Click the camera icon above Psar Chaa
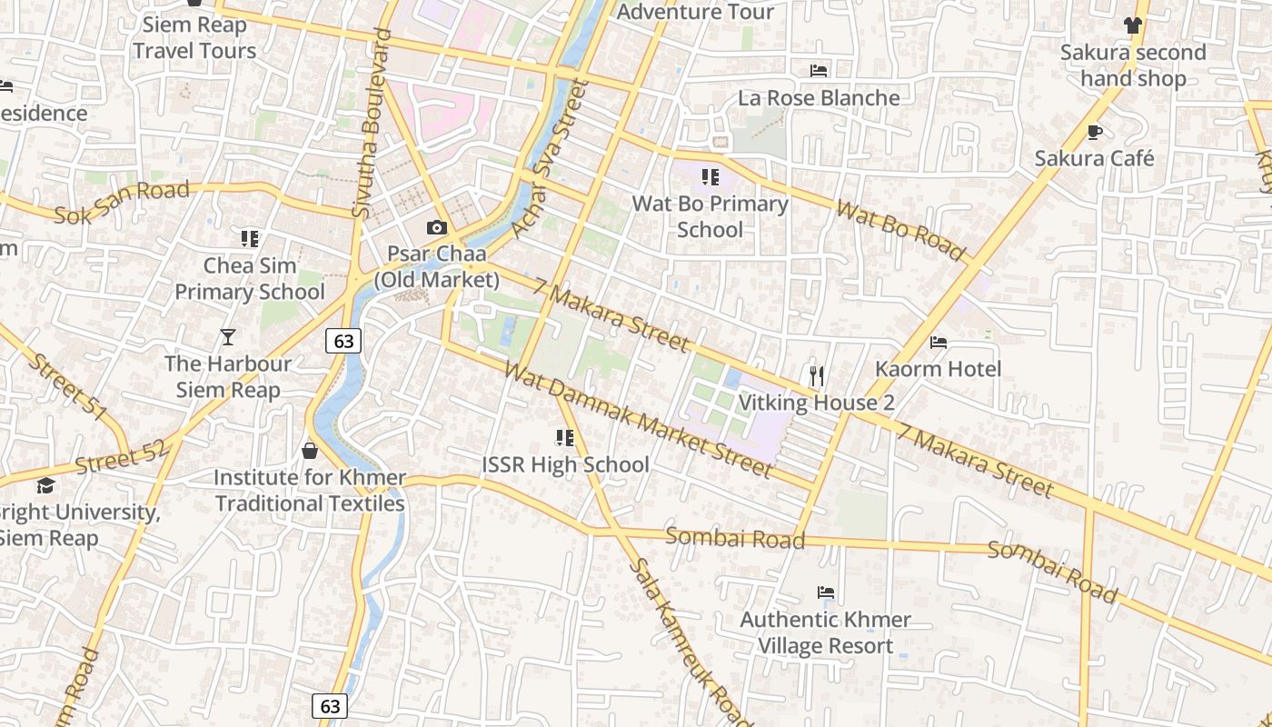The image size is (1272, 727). click(x=437, y=227)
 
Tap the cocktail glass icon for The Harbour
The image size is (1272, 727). click(x=228, y=338)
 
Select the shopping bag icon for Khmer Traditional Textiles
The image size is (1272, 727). click(x=310, y=451)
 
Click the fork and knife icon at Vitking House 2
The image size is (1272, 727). click(x=817, y=375)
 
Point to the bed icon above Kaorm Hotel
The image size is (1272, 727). click(x=939, y=343)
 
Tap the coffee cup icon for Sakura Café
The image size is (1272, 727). click(x=1095, y=133)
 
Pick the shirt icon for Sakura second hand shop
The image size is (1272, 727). click(x=1132, y=25)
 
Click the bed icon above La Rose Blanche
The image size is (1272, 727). click(x=819, y=71)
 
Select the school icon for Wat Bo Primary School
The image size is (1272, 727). click(x=710, y=177)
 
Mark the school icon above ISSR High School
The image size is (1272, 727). click(x=565, y=439)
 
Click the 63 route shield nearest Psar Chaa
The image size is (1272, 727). click(x=343, y=341)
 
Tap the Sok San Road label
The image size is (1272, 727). click(x=122, y=203)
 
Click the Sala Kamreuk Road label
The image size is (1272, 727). click(x=691, y=642)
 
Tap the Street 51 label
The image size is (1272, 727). click(x=67, y=387)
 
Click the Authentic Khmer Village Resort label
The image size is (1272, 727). click(x=825, y=632)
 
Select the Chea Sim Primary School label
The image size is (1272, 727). click(x=249, y=279)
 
